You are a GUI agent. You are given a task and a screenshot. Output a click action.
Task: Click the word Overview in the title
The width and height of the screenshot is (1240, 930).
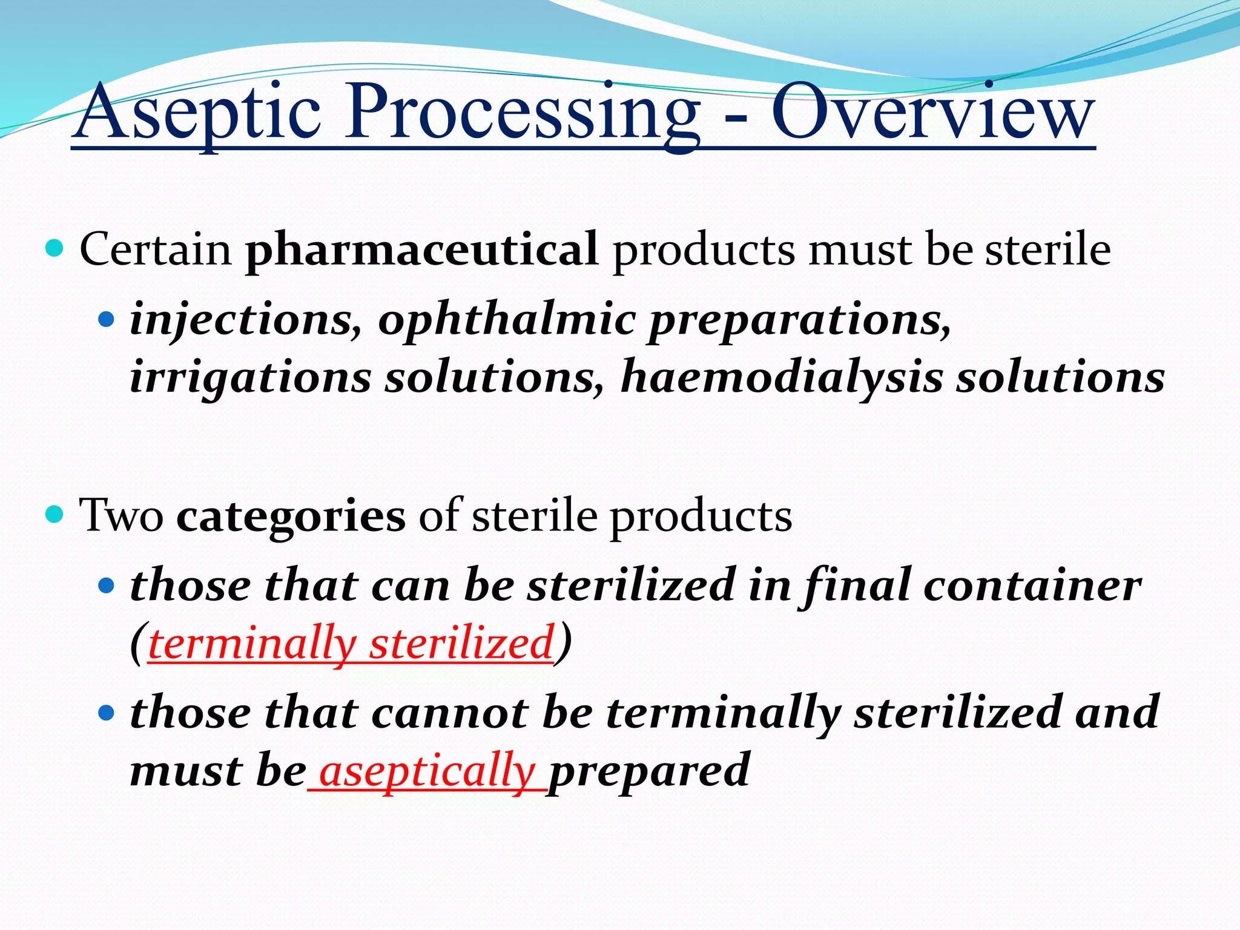coord(932,113)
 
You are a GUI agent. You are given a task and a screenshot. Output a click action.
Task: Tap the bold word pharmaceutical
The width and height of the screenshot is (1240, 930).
coord(422,249)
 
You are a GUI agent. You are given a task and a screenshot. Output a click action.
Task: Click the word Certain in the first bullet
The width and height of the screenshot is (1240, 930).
coord(156,249)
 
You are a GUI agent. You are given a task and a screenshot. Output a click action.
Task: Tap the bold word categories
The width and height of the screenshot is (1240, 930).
coord(291,516)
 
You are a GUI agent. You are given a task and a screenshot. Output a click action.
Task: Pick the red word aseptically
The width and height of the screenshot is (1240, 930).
coord(427,771)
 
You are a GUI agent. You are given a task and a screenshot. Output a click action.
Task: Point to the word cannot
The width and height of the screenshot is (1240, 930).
coord(450,713)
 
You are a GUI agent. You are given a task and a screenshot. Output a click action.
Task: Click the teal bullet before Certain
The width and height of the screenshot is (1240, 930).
coord(54,248)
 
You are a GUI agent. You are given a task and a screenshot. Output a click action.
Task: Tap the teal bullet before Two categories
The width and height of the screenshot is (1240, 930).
coord(54,515)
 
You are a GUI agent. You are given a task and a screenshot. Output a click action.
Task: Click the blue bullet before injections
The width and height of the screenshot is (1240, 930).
coord(106,318)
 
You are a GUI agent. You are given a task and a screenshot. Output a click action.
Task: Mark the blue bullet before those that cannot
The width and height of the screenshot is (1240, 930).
coord(106,713)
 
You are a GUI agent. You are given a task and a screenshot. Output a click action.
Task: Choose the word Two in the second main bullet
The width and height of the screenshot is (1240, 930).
coord(121,516)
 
